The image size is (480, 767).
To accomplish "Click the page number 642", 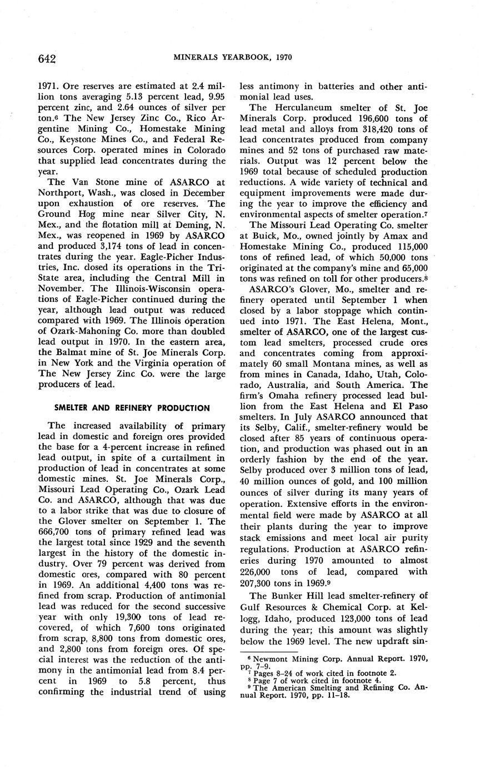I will [48, 58].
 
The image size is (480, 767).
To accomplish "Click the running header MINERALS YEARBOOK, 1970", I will [233, 57].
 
